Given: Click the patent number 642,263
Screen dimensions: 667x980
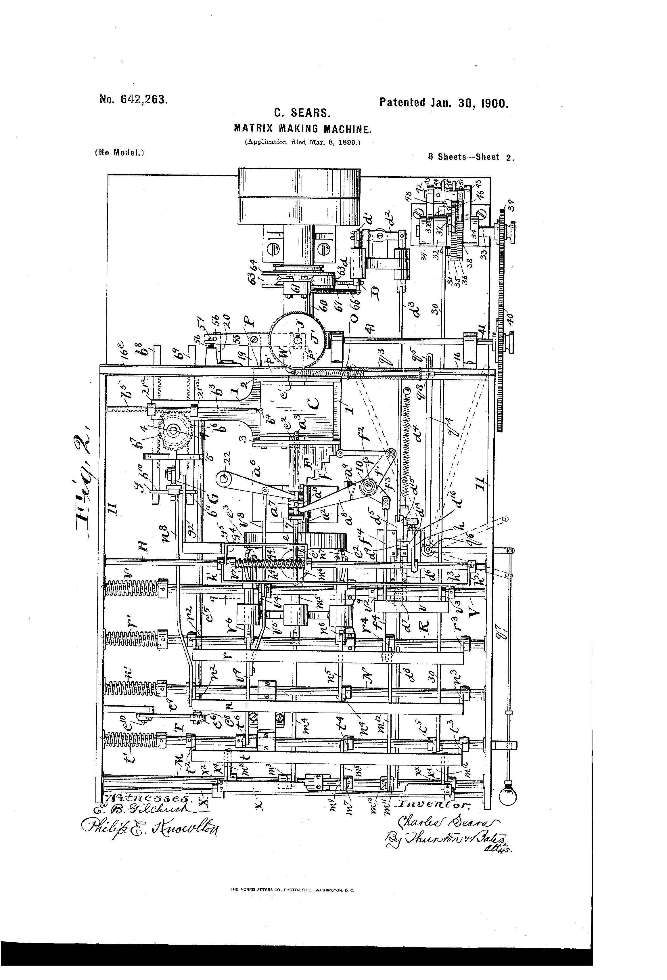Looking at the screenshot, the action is coord(133,100).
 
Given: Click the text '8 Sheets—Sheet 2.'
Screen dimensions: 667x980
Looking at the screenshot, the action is coord(470,158).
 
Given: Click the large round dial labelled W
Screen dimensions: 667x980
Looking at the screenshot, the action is coord(298,340).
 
